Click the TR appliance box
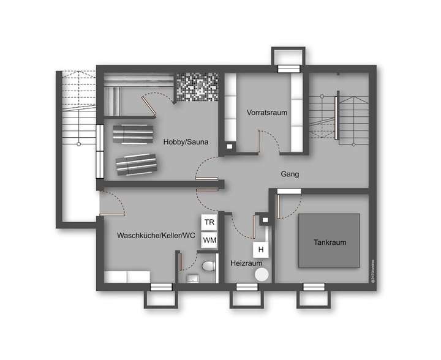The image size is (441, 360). (209, 222)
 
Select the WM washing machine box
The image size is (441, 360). (209, 240)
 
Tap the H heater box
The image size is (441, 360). (260, 250)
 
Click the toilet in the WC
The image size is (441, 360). (209, 267)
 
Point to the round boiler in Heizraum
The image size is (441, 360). (262, 274)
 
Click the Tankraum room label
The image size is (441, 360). (331, 242)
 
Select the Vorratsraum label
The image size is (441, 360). (267, 113)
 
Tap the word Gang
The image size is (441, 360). (290, 174)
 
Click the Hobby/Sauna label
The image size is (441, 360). (186, 142)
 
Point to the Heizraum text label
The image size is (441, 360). (242, 263)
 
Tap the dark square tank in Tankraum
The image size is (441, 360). (331, 241)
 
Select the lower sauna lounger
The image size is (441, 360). (136, 162)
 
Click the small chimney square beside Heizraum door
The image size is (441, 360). (265, 220)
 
